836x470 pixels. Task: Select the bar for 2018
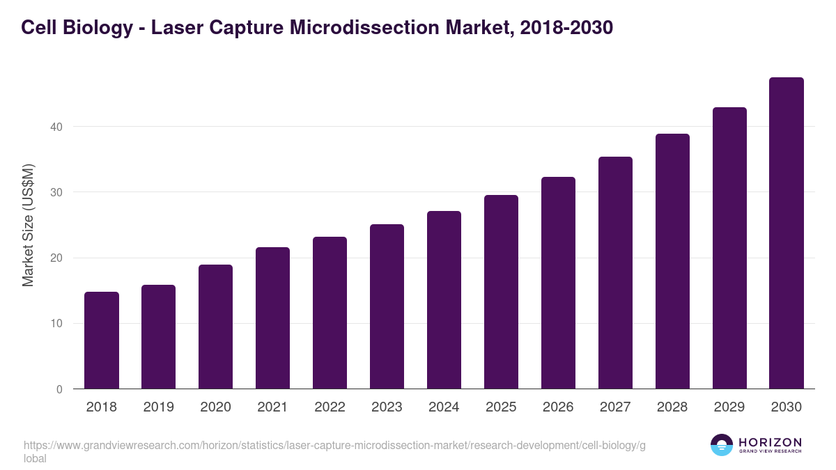[x=102, y=340]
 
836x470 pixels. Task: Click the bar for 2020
[x=216, y=327]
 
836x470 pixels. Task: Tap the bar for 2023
[x=387, y=306]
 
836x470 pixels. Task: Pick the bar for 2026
[x=558, y=283]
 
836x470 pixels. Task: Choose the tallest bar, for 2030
[x=787, y=233]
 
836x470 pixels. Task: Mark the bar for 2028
[x=672, y=261]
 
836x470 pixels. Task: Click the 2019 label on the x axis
[x=159, y=407]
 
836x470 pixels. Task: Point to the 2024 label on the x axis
[x=444, y=407]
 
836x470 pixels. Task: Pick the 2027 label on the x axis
[x=615, y=407]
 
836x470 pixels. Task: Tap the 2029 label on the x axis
[x=729, y=407]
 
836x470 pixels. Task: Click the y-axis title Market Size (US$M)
[x=28, y=225]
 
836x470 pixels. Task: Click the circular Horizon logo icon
[x=722, y=445]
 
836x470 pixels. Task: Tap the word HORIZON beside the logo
[x=770, y=442]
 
